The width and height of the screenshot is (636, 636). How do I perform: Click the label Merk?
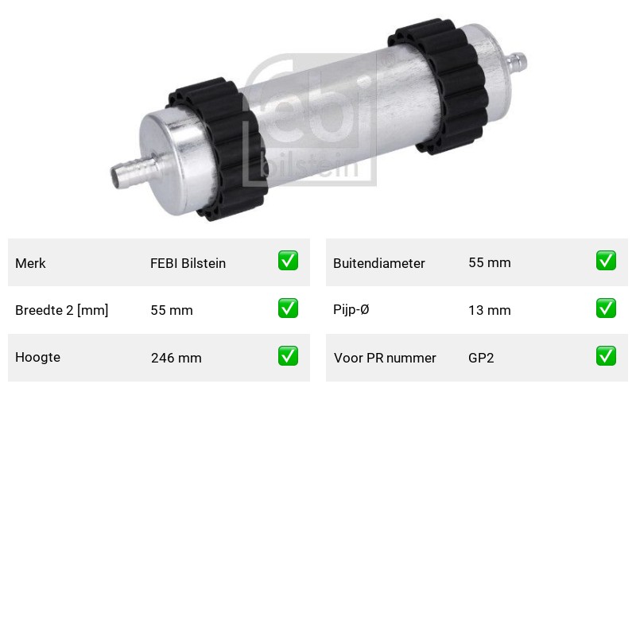tap(30, 263)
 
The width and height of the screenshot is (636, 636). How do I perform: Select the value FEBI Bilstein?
tap(188, 263)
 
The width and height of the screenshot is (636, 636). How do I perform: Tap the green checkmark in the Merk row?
tap(288, 261)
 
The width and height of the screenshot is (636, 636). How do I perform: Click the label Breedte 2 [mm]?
tap(62, 310)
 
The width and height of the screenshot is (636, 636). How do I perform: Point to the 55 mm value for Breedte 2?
tap(172, 310)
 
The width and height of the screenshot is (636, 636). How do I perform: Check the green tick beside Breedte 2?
tap(288, 308)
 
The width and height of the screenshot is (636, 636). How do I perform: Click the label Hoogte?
tap(37, 357)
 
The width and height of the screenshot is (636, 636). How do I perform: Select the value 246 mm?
tap(176, 358)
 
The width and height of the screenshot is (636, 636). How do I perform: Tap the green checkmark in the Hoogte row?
tap(288, 355)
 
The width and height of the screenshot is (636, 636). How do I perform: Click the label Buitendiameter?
tap(379, 263)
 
